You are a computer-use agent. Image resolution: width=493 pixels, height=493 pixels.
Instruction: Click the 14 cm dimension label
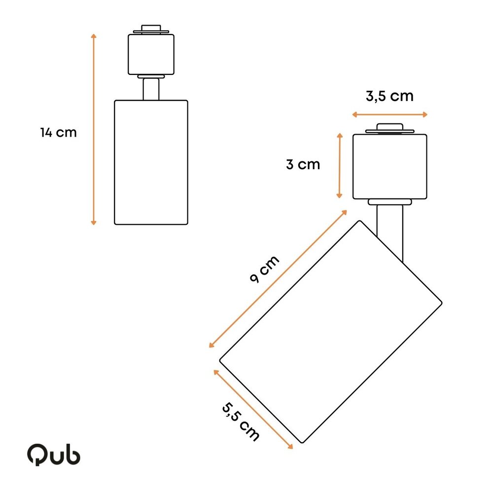pyautogui.click(x=59, y=133)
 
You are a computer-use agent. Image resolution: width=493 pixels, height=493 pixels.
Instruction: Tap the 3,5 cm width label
pyautogui.click(x=389, y=96)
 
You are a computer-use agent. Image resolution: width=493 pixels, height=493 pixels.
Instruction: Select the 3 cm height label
pyautogui.click(x=303, y=165)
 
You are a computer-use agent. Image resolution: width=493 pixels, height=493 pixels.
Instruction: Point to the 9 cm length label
pyautogui.click(x=264, y=270)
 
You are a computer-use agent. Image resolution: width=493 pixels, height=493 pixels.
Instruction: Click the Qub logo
pyautogui.click(x=53, y=455)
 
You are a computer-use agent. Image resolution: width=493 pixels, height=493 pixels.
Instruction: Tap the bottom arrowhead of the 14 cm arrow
pyautogui.click(x=94, y=222)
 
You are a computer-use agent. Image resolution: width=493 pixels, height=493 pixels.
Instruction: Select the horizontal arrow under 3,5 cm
pyautogui.click(x=389, y=114)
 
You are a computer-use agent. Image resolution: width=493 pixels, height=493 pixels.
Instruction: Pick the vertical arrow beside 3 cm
pyautogui.click(x=339, y=166)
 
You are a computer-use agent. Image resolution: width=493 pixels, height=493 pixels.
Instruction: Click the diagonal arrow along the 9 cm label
pyautogui.click(x=278, y=279)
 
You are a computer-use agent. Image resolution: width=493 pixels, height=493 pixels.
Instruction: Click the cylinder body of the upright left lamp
pyautogui.click(x=151, y=163)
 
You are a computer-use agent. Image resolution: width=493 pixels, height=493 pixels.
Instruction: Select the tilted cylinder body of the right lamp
pyautogui.click(x=330, y=331)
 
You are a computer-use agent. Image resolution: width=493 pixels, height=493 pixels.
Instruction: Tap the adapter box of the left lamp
pyautogui.click(x=151, y=54)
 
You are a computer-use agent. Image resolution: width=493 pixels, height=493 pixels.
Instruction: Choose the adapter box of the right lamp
pyautogui.click(x=389, y=167)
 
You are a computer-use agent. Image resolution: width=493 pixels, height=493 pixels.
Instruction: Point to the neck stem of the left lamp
pyautogui.click(x=151, y=89)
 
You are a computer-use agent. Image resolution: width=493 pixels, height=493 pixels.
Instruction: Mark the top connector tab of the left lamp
pyautogui.click(x=151, y=29)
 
